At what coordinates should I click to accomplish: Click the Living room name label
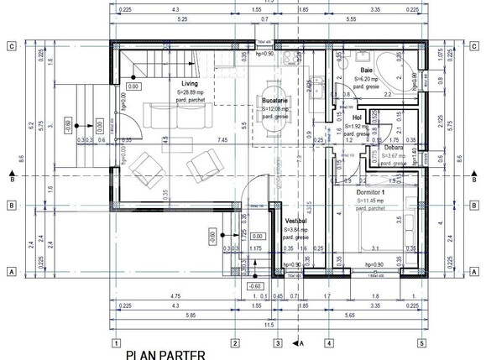coord(189,84)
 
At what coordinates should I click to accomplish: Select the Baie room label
coord(368,70)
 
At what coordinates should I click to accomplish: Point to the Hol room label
coord(357,117)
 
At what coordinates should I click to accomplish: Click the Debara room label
coord(395,146)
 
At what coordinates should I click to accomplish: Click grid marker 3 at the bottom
coord(278,342)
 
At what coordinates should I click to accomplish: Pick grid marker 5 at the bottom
coord(421,342)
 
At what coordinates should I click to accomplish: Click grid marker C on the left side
coord(12,47)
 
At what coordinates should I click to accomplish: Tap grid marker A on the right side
coord(476,272)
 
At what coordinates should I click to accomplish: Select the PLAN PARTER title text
coord(165,355)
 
